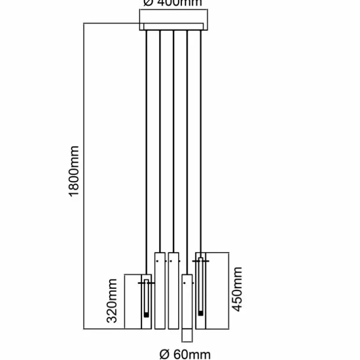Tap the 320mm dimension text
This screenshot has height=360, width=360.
(112, 301)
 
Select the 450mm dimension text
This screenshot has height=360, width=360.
(238, 289)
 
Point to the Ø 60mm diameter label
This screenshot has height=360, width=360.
(185, 354)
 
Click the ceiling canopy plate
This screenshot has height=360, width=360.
(172, 27)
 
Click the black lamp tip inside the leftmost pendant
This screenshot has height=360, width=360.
(147, 315)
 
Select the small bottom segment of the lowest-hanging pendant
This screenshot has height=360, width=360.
(187, 336)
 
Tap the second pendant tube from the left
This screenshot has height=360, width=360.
(160, 290)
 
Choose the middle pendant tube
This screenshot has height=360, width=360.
(173, 290)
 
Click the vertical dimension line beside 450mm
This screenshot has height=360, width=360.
(229, 290)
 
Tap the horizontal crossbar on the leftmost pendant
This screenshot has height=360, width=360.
(146, 283)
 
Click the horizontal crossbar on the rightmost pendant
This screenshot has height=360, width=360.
(201, 260)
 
